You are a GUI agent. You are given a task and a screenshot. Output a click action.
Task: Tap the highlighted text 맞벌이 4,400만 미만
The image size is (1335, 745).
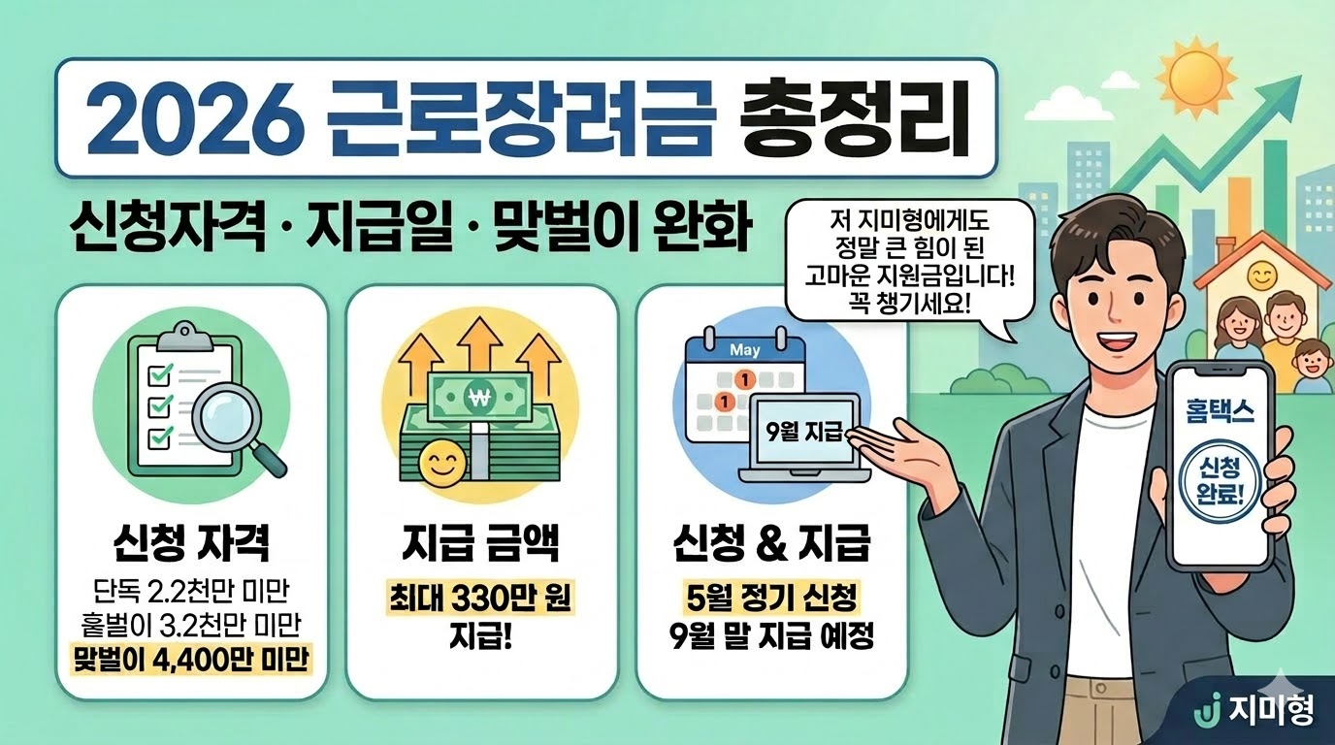(x=190, y=661)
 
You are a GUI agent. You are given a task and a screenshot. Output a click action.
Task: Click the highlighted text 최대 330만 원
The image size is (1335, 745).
(x=480, y=599)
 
